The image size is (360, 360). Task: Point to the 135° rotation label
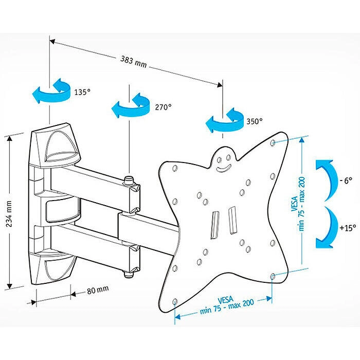tap(82, 93)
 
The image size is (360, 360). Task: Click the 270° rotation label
tap(163, 107)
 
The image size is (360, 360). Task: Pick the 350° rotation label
tap(254, 121)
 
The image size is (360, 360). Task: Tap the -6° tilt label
tap(346, 181)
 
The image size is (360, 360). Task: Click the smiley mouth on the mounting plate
tap(223, 167)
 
